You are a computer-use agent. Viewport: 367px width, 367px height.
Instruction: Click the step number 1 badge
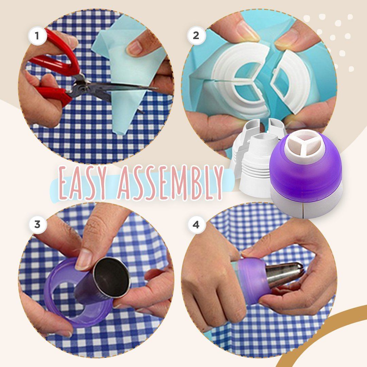(x=37, y=36)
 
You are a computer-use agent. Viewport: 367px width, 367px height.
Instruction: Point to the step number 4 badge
(x=196, y=225)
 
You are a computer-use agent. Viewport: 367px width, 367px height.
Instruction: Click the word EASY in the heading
(x=80, y=183)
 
